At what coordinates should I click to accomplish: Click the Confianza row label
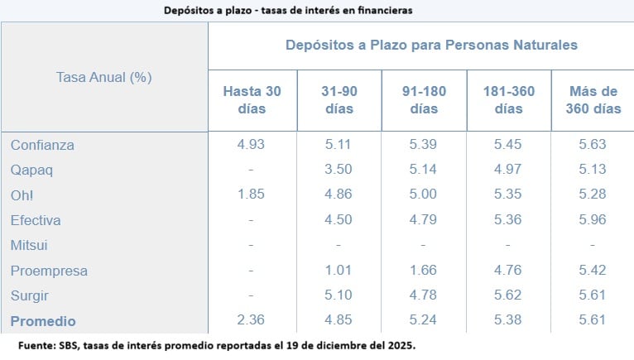coord(42,145)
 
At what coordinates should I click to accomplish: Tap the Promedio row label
coord(43,321)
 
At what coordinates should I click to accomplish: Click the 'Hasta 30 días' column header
coord(252,99)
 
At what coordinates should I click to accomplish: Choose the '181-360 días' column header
coord(508,99)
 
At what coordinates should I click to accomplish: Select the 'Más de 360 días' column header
coord(593,99)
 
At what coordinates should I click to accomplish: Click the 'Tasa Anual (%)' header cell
coord(103,77)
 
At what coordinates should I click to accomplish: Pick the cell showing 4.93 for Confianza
coord(252,145)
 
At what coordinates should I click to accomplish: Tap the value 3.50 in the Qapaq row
coord(339,170)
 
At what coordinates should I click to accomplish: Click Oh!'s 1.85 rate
coord(252,195)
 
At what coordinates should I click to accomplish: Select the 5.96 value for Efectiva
coord(593,220)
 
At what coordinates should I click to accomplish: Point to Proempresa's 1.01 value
coord(339,271)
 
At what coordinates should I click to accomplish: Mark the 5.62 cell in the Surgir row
coord(508,295)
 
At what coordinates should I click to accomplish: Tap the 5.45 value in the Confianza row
coord(508,145)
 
